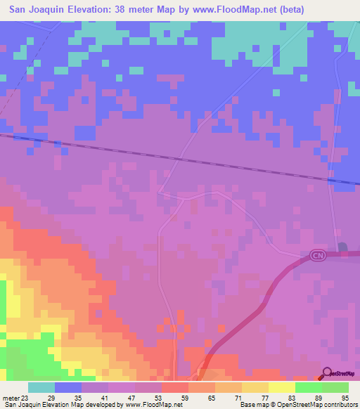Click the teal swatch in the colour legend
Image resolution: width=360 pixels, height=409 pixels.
click(x=41, y=387)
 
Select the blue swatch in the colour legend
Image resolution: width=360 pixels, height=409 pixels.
click(x=68, y=387)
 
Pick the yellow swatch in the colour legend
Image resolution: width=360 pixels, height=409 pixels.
click(x=282, y=387)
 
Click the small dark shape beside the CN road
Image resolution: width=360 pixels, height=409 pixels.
click(x=342, y=247)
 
